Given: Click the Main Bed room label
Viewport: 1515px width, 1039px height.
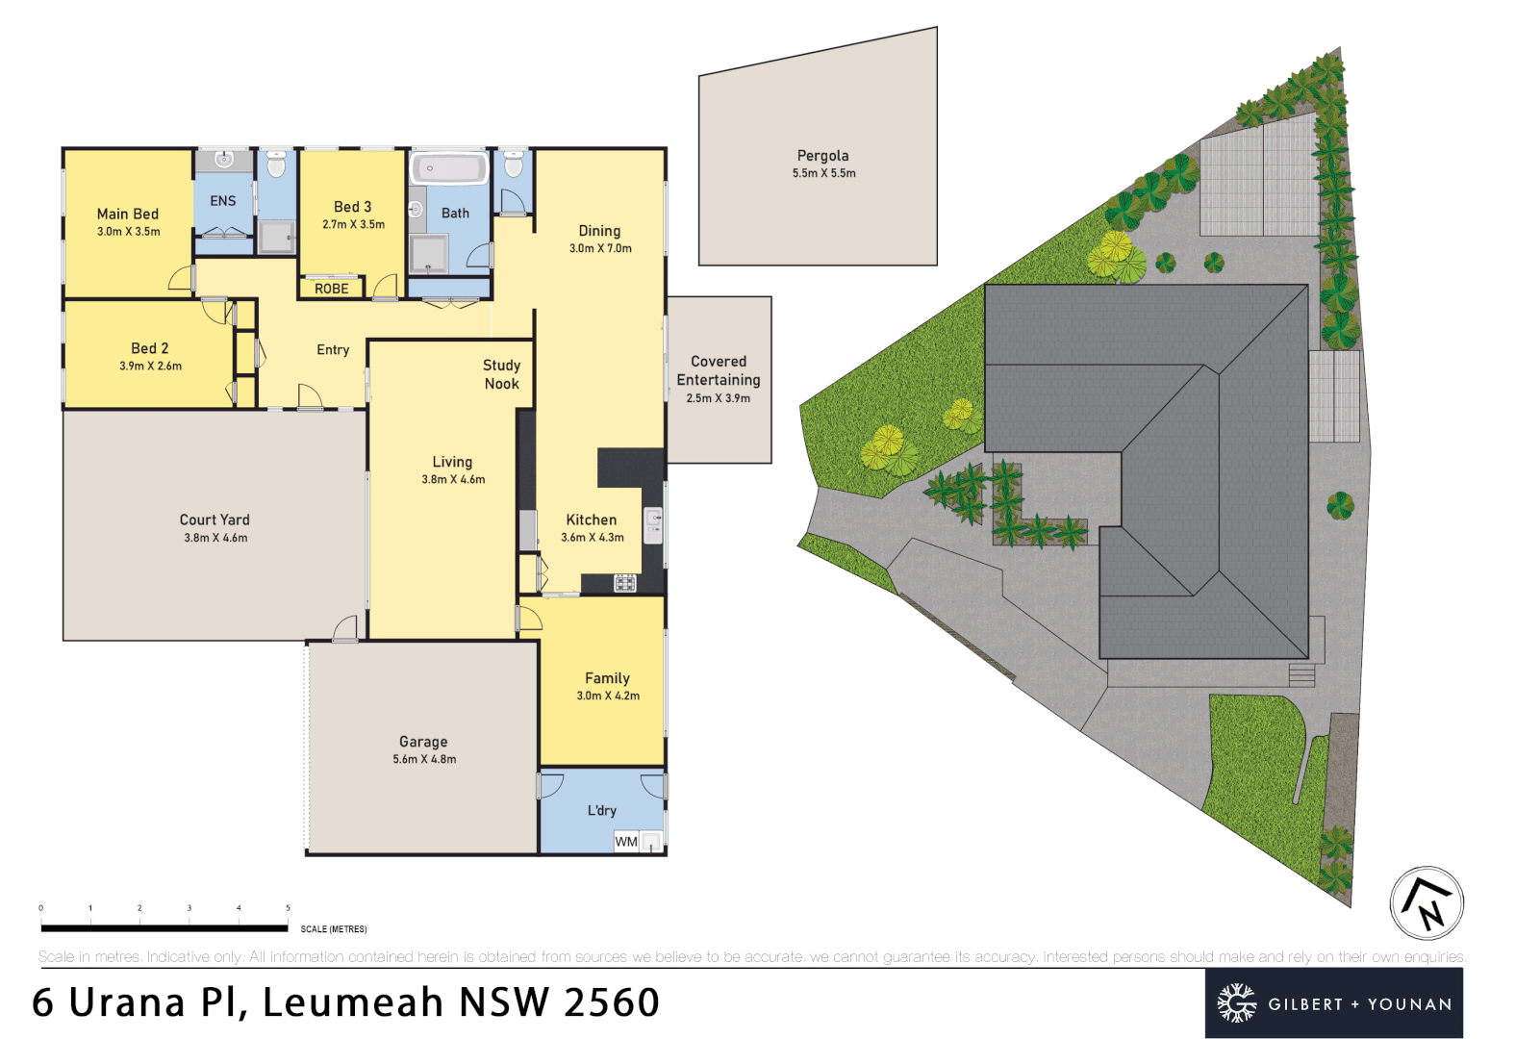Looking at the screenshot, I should click(127, 214).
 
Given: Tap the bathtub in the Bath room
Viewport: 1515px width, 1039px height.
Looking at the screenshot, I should click(449, 169).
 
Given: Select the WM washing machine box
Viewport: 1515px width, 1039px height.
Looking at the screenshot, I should click(626, 842).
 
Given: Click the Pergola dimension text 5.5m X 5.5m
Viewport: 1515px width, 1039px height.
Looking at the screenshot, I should click(823, 173).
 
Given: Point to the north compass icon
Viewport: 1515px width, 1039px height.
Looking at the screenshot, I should click(1427, 903).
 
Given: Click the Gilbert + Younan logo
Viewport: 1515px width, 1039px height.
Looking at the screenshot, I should click(1333, 1003).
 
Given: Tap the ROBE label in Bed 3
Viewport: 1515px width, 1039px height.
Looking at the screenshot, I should click(331, 289).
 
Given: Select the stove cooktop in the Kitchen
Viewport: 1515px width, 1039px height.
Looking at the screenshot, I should click(624, 583).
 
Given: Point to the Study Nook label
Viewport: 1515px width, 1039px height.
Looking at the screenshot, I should click(501, 374).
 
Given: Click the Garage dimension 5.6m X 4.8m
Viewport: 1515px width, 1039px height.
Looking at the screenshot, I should click(424, 759).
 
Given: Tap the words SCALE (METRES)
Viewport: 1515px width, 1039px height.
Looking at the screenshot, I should click(333, 929).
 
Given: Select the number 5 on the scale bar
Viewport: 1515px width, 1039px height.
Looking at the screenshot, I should click(288, 908).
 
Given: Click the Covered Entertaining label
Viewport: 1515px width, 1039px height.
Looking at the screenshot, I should click(719, 370).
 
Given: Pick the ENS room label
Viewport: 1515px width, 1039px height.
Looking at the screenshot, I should click(222, 201).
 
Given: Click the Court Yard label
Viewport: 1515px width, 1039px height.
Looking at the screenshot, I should click(215, 519).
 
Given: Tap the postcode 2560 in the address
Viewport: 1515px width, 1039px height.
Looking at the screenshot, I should click(612, 1002).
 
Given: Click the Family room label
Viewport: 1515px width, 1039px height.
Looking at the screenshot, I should click(607, 678).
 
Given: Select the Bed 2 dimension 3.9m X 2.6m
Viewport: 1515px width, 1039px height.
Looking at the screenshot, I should click(150, 366).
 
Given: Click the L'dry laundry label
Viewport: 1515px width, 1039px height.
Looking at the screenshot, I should click(602, 811).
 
